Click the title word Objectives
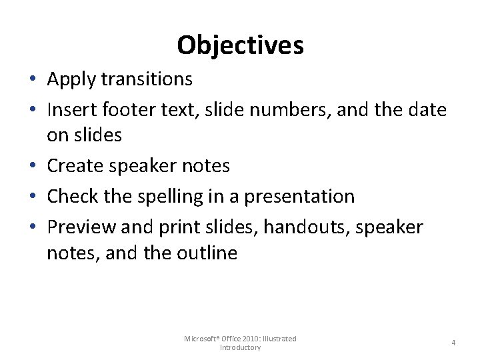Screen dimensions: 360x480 click(x=240, y=45)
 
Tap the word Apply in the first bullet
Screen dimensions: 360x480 click(x=71, y=79)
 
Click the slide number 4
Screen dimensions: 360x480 click(x=453, y=343)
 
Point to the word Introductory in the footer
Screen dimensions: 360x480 click(x=240, y=347)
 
